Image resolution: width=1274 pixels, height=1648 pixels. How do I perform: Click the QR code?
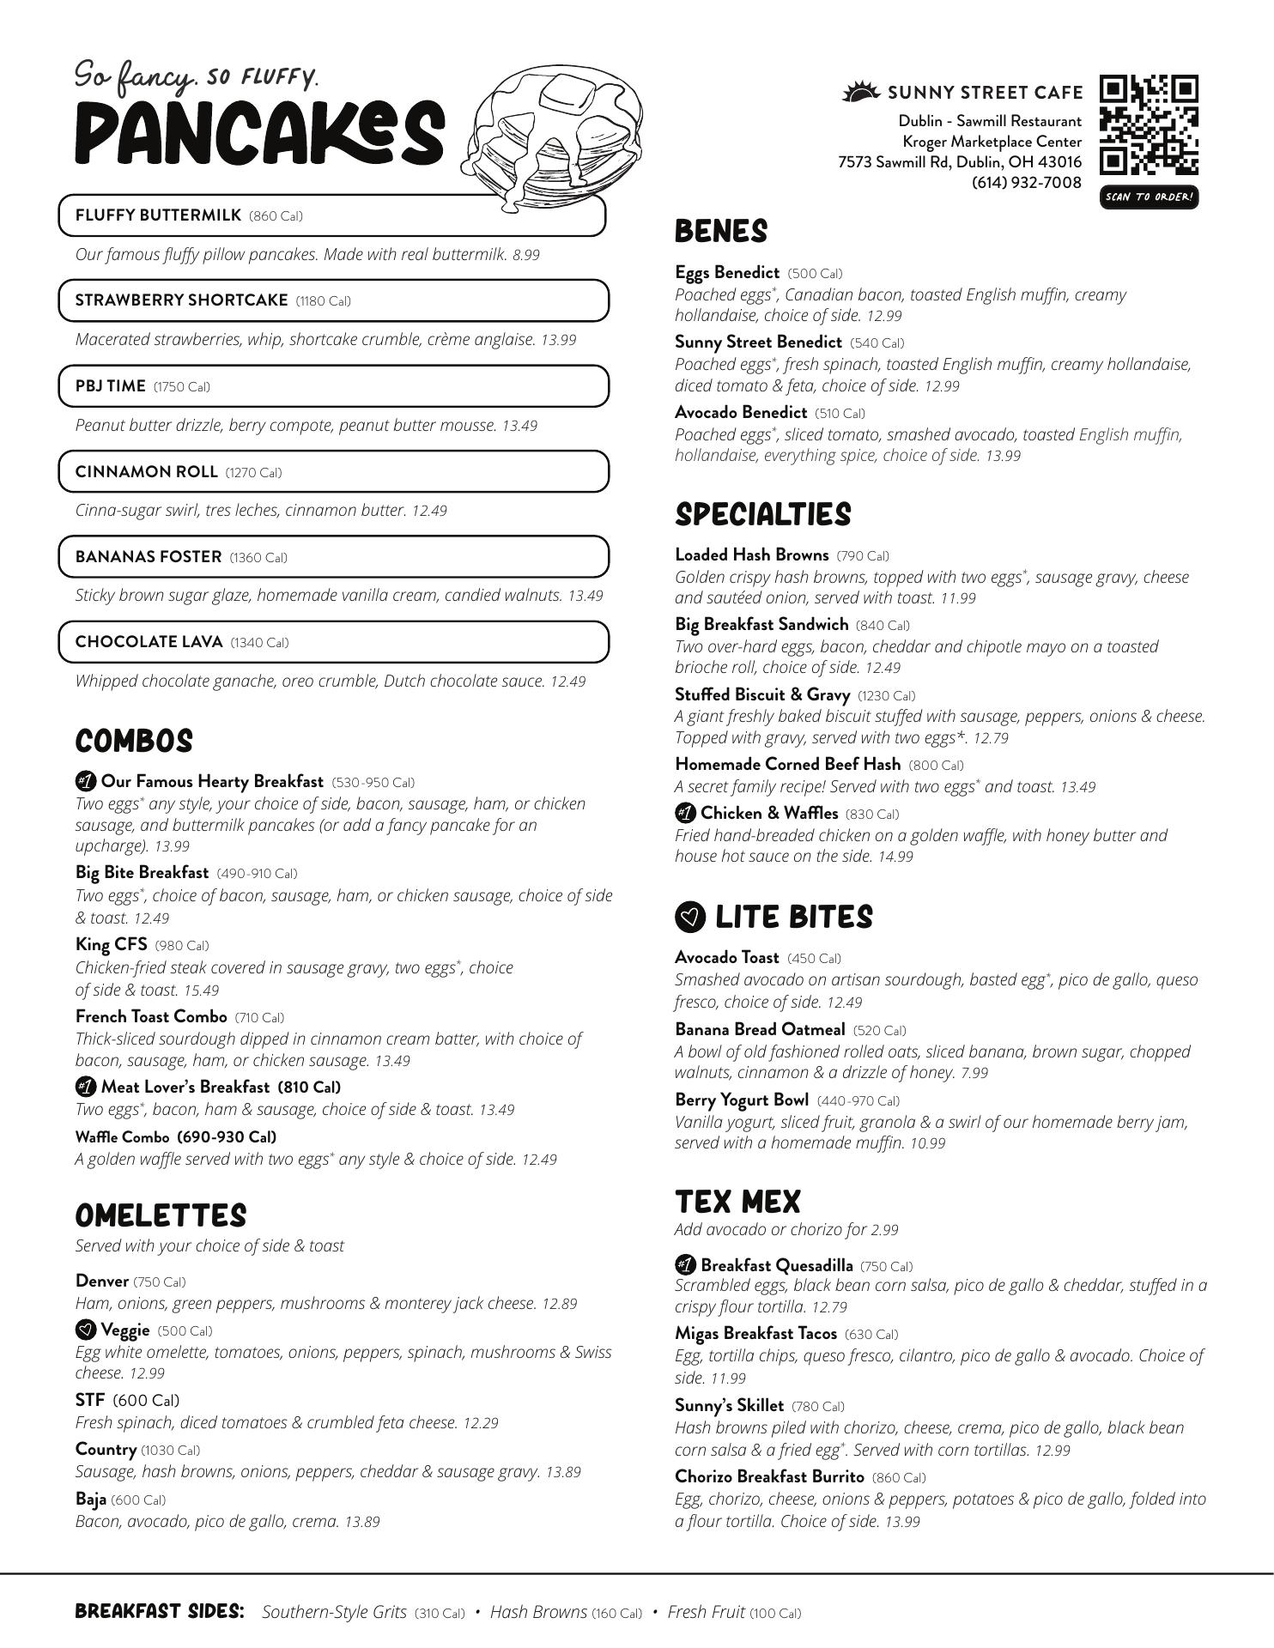coord(1149,125)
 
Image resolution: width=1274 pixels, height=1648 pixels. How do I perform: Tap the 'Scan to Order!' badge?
coord(1149,197)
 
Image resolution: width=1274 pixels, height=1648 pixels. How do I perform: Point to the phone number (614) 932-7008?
coord(1026,182)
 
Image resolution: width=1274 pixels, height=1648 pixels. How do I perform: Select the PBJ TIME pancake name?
coord(111,386)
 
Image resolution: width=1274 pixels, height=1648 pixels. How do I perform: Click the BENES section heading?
coord(720,232)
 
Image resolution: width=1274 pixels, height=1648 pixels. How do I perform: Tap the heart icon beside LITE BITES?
coord(690,918)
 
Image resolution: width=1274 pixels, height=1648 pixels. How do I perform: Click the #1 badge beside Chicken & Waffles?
coord(685,813)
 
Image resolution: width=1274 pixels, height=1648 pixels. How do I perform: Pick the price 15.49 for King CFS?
coord(201,991)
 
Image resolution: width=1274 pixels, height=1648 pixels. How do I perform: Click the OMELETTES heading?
coord(161,1215)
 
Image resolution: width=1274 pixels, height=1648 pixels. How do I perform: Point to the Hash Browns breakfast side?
coord(538,1612)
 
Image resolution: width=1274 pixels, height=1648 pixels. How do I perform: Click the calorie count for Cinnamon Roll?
coord(253,473)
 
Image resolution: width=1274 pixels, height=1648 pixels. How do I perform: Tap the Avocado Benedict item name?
coord(741,412)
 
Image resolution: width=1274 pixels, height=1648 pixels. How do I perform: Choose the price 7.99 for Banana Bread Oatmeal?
coord(974,1073)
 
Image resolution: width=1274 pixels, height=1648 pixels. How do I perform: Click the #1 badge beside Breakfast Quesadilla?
coord(685,1265)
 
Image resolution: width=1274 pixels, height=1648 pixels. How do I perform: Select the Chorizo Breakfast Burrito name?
coord(769,1476)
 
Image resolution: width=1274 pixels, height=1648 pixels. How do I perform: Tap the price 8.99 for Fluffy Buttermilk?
coord(526,255)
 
